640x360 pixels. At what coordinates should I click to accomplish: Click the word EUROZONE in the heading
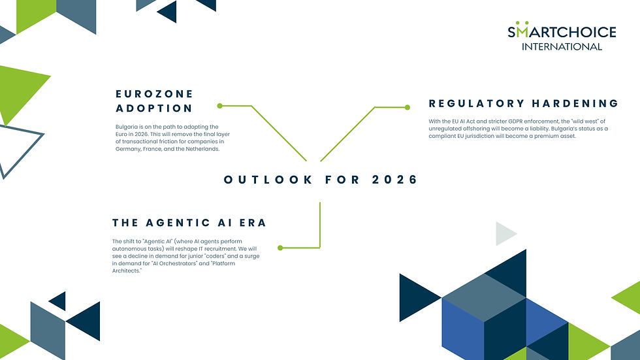(154, 94)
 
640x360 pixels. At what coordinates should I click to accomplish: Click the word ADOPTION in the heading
(154, 108)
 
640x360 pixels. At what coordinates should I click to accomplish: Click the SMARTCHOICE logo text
(562, 31)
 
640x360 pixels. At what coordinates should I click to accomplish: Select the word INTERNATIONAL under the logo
(562, 46)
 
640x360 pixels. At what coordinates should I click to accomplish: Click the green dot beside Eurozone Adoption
(220, 105)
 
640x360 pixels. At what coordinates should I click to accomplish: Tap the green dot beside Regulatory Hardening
(408, 107)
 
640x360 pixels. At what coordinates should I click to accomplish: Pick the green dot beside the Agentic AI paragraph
(280, 248)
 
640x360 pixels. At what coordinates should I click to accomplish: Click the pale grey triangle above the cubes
(505, 233)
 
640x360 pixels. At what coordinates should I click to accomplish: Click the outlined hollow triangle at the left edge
(16, 148)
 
